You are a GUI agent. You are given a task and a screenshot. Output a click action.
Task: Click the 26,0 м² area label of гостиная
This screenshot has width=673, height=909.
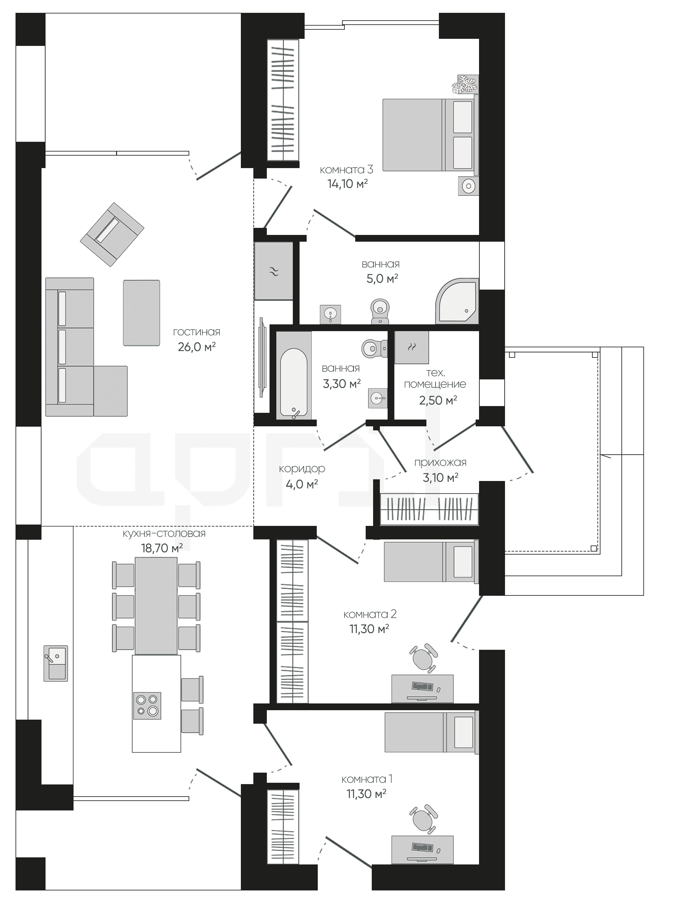197,347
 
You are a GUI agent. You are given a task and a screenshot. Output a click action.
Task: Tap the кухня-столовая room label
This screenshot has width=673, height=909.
164,533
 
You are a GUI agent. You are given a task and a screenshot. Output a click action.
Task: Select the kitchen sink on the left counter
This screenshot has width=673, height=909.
56,663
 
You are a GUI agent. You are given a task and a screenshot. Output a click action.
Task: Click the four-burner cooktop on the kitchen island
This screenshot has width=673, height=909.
147,705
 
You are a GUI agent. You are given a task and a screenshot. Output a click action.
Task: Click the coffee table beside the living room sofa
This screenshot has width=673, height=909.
141,313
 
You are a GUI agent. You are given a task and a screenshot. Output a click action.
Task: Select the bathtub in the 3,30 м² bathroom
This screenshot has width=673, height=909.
294,375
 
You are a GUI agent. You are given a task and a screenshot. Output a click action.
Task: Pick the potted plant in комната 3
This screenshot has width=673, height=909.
465,84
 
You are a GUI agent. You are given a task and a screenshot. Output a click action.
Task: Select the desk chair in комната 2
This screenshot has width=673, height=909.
424,658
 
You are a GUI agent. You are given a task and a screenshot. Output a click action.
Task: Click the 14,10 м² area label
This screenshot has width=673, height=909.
347,184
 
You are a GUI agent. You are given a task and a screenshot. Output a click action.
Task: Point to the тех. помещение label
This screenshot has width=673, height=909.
435,378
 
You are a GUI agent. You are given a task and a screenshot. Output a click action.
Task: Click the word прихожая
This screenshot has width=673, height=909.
440,463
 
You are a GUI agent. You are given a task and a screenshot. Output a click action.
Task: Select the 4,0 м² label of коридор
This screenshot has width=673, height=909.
302,484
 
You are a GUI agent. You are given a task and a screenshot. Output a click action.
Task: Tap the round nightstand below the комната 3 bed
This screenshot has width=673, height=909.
468,186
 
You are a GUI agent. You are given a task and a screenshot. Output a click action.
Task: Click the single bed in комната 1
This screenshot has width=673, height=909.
432,732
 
